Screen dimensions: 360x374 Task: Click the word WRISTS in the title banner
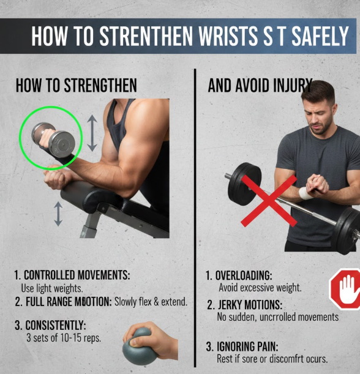(x=228, y=36)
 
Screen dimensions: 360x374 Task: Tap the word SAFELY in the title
(x=320, y=36)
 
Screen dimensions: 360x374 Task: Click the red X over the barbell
(x=269, y=201)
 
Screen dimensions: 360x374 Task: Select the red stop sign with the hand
(x=345, y=288)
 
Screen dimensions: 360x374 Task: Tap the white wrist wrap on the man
(x=306, y=193)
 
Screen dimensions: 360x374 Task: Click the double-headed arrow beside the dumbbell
(x=92, y=133)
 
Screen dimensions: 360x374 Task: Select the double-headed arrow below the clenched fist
(x=58, y=214)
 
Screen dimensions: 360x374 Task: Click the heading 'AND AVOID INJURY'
(x=260, y=86)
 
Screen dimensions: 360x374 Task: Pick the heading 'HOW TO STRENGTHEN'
(x=77, y=86)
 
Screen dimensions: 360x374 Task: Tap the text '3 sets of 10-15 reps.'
(x=64, y=337)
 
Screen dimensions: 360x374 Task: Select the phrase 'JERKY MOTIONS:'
(x=250, y=305)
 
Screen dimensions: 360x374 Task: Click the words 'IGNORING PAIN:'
(x=247, y=346)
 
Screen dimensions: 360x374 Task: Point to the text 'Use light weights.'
(x=52, y=288)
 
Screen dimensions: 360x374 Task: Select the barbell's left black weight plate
(x=244, y=184)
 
